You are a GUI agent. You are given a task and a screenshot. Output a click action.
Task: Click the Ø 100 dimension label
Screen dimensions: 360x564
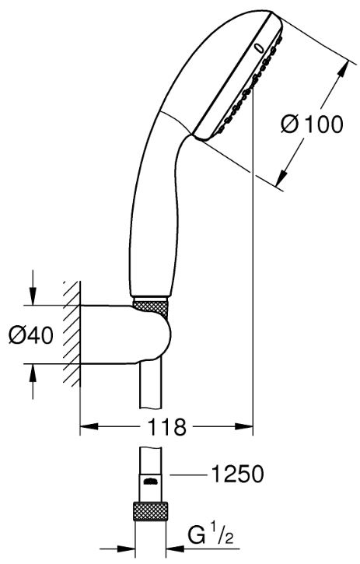click(312, 124)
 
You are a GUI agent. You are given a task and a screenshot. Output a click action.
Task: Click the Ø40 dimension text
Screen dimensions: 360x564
click(31, 335)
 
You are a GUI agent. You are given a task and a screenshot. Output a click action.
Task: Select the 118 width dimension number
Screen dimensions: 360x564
click(166, 426)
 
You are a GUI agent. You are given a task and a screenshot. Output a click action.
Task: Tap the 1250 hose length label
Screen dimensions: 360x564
click(237, 474)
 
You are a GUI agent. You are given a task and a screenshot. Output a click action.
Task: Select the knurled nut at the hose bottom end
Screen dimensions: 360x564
click(150, 511)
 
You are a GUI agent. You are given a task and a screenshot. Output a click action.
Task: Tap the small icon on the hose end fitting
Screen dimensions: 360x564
click(150, 482)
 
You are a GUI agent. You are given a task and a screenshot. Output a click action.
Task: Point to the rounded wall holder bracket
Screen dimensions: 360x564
click(125, 335)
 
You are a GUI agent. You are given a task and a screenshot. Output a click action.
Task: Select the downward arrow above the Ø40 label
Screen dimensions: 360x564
click(33, 287)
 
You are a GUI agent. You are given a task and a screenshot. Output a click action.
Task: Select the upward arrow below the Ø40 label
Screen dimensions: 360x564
click(33, 381)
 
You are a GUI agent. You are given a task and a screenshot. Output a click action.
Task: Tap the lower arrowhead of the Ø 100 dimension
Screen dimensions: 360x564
click(281, 178)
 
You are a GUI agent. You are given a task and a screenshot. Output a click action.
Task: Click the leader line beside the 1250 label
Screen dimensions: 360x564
click(188, 475)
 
